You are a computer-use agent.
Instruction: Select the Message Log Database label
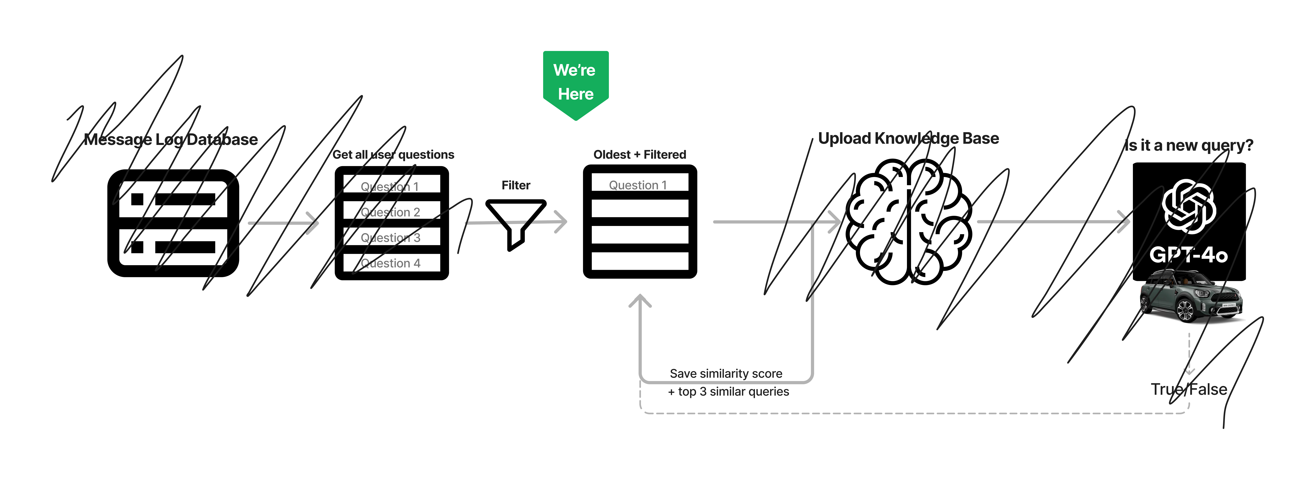(171, 139)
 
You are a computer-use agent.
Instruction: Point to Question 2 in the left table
(391, 212)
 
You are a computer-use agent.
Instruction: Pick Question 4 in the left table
(391, 263)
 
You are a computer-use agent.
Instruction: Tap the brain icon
(909, 222)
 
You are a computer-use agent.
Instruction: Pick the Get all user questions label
(393, 154)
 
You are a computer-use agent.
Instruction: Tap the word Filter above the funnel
(516, 185)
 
